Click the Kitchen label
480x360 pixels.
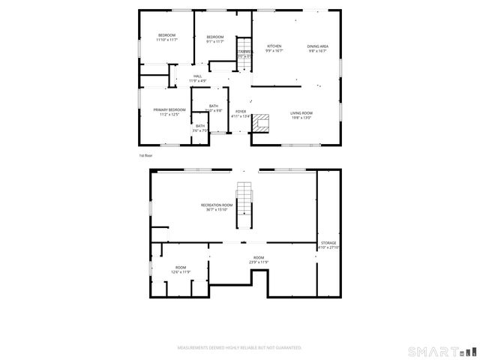pos(274,46)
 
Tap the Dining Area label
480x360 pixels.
pos(318,46)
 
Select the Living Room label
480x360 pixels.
pos(301,113)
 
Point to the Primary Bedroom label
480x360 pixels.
pos(169,110)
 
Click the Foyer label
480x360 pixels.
pos(241,112)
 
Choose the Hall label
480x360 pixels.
pos(198,76)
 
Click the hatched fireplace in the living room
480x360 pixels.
pos(261,123)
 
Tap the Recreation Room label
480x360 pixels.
pos(217,205)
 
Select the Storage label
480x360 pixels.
pos(328,243)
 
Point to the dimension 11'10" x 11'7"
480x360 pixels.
pos(166,40)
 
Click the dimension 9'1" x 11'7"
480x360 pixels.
pos(215,41)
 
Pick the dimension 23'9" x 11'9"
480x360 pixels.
pos(258,262)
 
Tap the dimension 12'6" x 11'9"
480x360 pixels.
pos(181,272)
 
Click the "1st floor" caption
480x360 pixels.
pos(145,155)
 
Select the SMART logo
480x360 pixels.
pos(441,351)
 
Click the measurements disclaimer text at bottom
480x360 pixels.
pos(239,348)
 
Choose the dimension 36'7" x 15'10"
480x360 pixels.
pos(217,210)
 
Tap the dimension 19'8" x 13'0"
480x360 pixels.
pos(301,118)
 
